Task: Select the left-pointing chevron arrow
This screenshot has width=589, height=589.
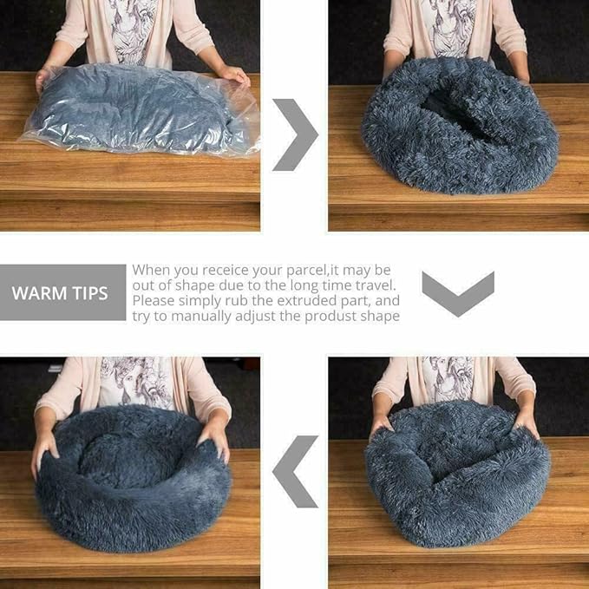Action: click(x=295, y=471)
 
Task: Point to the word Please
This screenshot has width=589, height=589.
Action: click(x=154, y=301)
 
